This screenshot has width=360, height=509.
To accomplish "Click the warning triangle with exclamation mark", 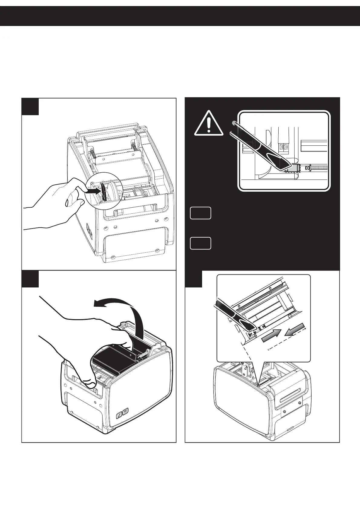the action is pyautogui.click(x=208, y=124).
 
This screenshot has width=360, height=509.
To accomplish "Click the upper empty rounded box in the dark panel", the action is pyautogui.click(x=200, y=213).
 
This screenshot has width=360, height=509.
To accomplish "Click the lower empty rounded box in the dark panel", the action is pyautogui.click(x=200, y=243).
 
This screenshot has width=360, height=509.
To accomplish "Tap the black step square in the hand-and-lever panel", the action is pyautogui.click(x=30, y=106).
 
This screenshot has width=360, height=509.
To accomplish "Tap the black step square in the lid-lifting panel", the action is pyautogui.click(x=30, y=279).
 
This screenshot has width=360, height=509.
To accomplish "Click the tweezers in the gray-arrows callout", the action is pyautogui.click(x=236, y=314).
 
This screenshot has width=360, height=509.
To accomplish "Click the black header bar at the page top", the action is pyautogui.click(x=180, y=16).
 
